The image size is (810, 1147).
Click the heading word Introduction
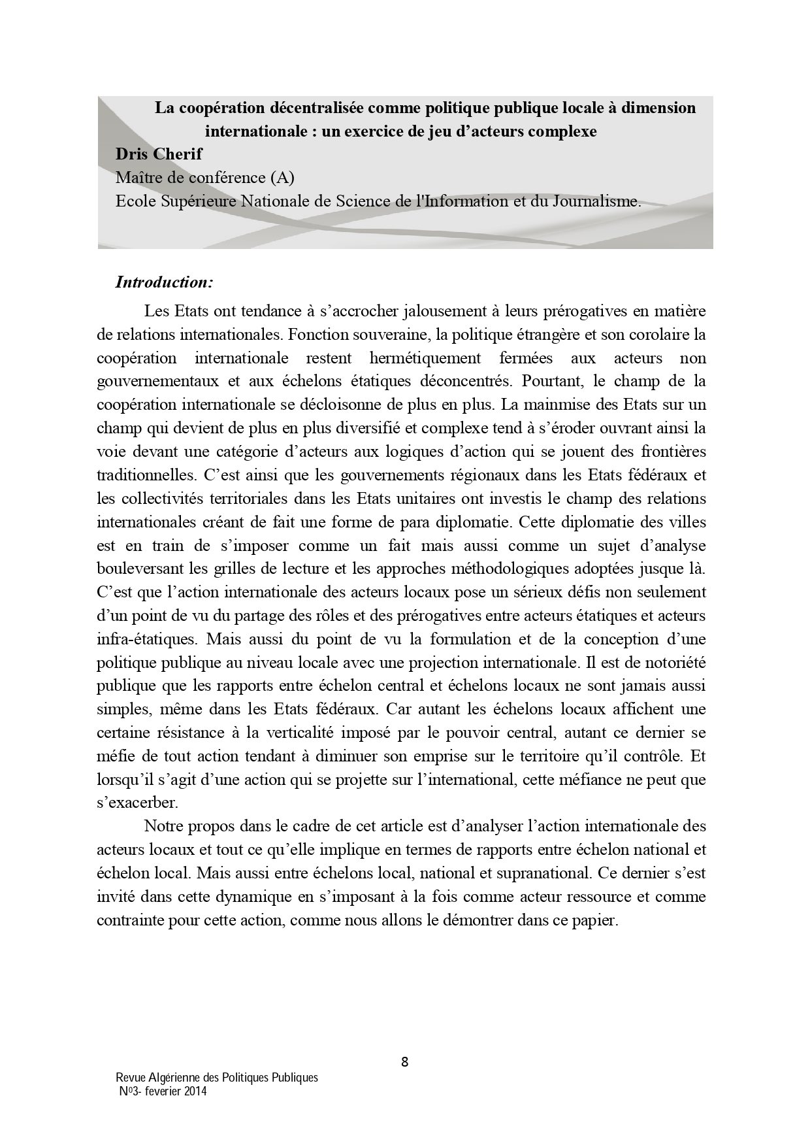point(163,282)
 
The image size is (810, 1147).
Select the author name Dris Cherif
point(159,154)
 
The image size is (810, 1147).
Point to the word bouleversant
point(137,569)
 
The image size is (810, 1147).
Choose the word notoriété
point(673,662)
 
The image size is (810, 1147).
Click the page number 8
point(404,1062)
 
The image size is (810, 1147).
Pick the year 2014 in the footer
point(195,1091)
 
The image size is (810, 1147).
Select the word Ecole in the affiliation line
point(135,201)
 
